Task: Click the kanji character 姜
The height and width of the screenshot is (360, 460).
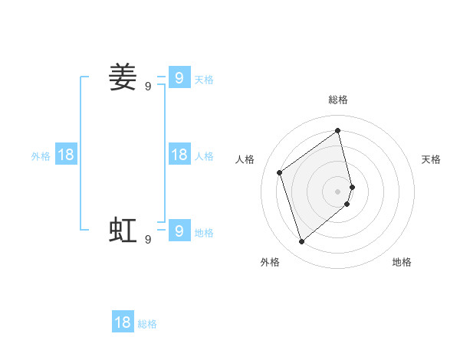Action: (x=123, y=77)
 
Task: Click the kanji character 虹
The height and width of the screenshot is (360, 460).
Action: (x=123, y=230)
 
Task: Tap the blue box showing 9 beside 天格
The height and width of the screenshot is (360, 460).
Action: (x=179, y=77)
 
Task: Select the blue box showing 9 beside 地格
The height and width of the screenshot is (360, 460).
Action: (x=179, y=231)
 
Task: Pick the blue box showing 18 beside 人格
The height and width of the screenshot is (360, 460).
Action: (x=179, y=155)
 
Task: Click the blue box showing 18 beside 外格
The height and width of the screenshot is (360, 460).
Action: (x=66, y=155)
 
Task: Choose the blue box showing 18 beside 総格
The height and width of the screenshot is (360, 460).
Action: (x=123, y=322)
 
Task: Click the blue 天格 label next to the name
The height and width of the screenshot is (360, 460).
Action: (x=204, y=80)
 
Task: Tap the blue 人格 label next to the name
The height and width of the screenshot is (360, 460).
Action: (x=204, y=156)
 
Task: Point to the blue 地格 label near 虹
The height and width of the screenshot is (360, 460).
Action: (x=204, y=233)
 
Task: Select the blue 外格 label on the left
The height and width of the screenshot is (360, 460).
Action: (x=41, y=156)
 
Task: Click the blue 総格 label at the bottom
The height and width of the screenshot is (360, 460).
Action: (x=147, y=324)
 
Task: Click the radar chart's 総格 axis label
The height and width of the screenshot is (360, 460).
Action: (x=338, y=100)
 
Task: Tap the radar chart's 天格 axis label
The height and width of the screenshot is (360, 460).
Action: (x=432, y=159)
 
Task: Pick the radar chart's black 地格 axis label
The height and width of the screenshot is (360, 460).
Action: (x=402, y=262)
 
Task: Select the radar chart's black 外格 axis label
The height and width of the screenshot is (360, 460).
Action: (x=270, y=262)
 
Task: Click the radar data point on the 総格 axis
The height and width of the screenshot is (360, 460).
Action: (x=338, y=130)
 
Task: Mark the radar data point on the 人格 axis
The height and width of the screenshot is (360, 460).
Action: (x=280, y=172)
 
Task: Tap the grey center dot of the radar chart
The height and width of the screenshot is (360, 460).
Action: (x=338, y=191)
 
